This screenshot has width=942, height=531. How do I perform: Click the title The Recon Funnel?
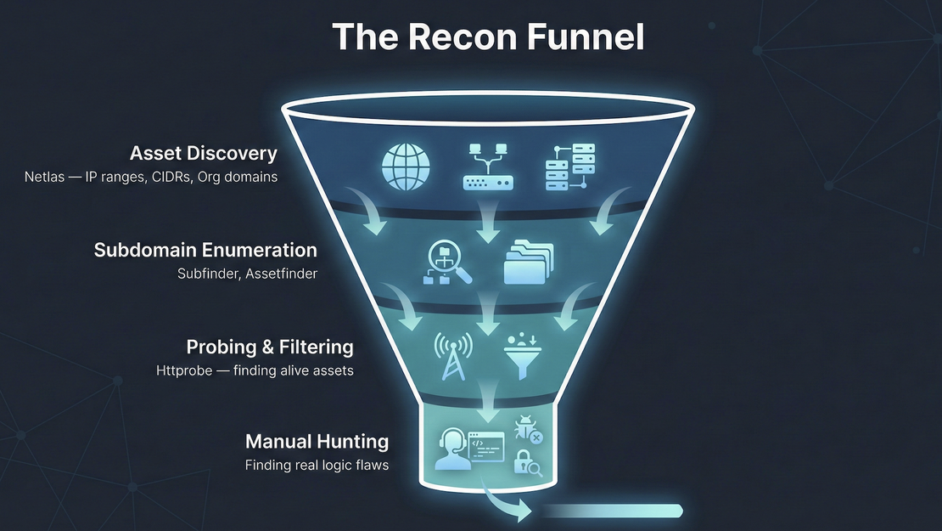(488, 37)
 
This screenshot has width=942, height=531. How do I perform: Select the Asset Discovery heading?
(203, 154)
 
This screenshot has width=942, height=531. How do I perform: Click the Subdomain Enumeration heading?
(205, 251)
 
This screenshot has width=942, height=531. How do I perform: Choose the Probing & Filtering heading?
(269, 347)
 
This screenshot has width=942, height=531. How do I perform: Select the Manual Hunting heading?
(317, 442)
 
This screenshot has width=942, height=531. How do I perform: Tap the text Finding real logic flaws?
(317, 465)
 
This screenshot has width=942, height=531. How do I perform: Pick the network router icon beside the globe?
(487, 166)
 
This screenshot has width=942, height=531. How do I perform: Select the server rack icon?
(569, 166)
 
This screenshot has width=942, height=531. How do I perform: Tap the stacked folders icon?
(528, 261)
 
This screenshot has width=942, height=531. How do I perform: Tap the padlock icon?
(527, 463)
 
